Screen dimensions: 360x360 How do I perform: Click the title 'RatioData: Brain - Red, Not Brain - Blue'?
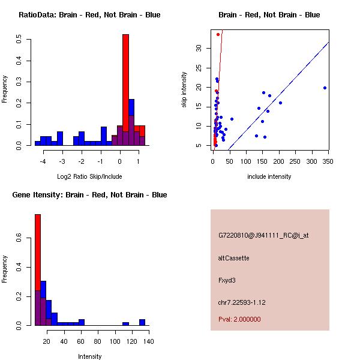89,15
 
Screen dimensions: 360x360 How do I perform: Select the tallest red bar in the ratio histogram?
125,90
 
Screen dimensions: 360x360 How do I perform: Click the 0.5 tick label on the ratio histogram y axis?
20,40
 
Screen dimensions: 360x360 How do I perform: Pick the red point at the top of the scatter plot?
218,34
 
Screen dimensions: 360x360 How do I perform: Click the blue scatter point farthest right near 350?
325,88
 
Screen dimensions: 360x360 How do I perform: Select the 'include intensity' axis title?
269,176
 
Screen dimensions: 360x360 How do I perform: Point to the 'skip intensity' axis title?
184,90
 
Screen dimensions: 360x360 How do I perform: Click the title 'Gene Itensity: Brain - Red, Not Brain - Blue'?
89,195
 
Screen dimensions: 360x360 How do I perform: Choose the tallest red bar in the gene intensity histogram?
37,269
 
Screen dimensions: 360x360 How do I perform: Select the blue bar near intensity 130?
142,322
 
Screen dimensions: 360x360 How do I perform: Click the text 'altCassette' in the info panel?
233,258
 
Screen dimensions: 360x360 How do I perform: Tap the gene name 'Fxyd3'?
226,280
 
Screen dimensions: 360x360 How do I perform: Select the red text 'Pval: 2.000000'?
239,319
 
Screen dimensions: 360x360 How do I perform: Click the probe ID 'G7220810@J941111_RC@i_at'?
263,236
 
